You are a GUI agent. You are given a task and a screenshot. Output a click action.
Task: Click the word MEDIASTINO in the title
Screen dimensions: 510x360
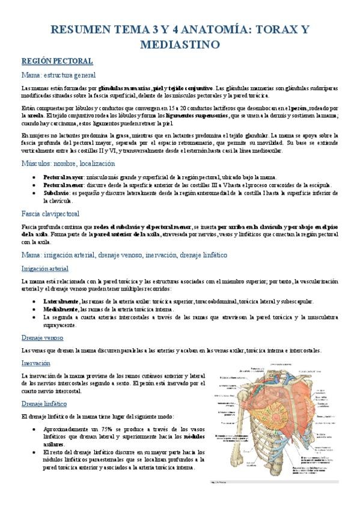click(180, 45)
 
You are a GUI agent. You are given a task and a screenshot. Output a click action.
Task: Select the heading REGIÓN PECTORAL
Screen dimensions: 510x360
click(57, 61)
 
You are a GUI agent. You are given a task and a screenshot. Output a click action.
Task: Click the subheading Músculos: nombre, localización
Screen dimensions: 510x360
click(68, 163)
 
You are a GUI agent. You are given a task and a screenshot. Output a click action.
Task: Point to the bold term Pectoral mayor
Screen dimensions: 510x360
click(63, 177)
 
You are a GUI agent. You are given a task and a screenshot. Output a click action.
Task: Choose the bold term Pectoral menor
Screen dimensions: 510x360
click(63, 185)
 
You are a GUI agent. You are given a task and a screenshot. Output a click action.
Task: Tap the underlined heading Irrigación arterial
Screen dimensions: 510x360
click(44, 268)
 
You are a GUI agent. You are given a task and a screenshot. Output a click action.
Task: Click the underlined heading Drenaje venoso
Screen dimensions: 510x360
click(42, 337)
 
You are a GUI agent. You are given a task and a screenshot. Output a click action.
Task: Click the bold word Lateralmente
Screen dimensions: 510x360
click(61, 301)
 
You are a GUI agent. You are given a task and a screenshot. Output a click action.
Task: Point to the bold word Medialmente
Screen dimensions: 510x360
click(61, 309)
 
